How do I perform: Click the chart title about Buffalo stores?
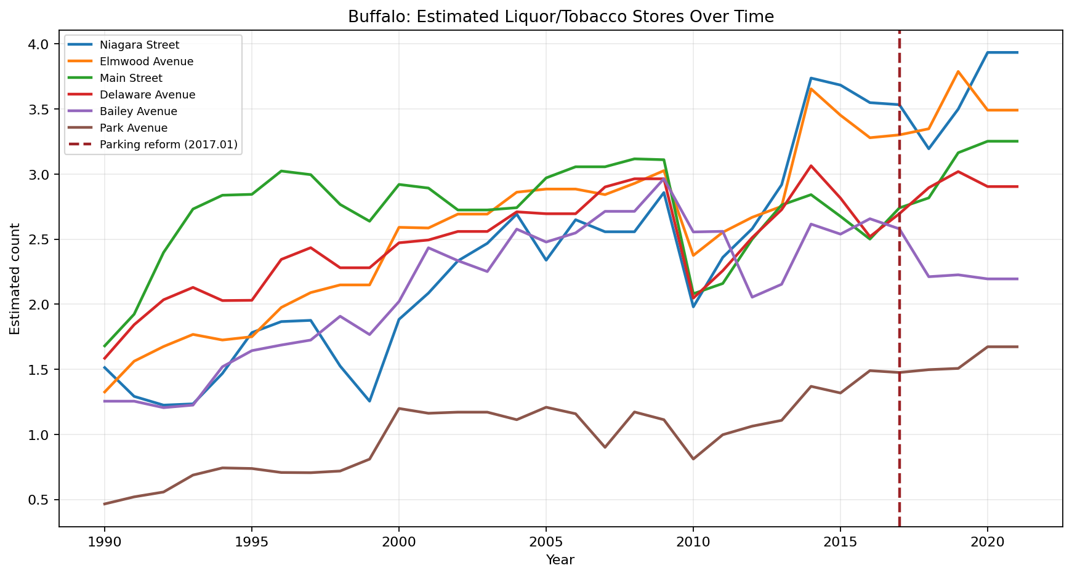560,17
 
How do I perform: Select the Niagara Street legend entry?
139,45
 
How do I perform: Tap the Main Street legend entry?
131,78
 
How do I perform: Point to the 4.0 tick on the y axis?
39,45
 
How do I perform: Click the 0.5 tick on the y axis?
39,500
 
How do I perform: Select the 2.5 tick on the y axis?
39,240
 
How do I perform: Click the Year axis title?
560,560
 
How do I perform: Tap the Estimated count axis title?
15,279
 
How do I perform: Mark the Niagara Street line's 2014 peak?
811,78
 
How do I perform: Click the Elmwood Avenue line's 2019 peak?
958,71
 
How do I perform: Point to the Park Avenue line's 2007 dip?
605,447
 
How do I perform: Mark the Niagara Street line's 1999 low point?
369,401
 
